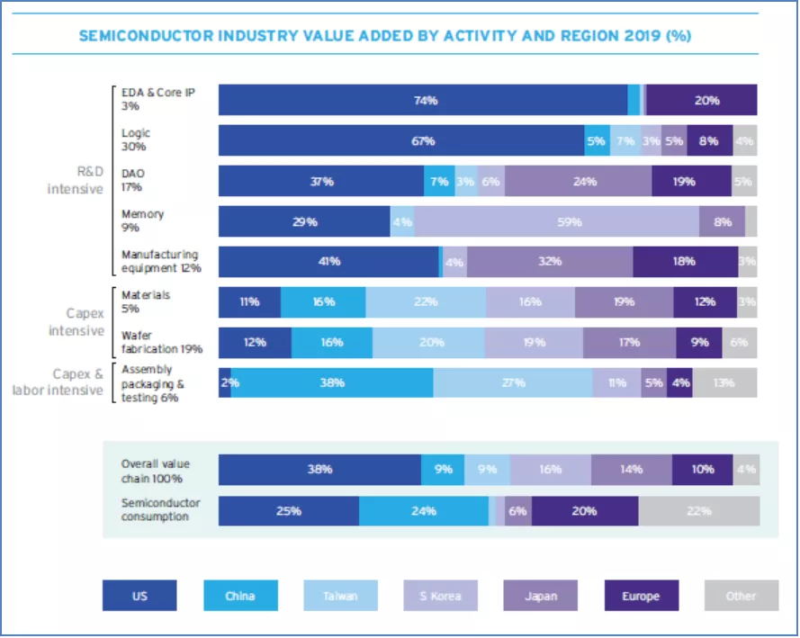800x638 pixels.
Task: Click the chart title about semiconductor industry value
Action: [x=384, y=37]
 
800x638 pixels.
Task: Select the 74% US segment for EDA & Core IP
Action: [x=423, y=101]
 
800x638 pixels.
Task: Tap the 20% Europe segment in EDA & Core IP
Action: [x=703, y=101]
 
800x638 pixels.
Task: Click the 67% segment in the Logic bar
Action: [x=401, y=141]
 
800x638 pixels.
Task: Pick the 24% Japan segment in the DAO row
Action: [x=579, y=182]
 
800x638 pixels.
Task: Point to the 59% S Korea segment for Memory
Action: [x=556, y=221]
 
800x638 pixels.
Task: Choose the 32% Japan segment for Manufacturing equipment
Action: [x=550, y=262]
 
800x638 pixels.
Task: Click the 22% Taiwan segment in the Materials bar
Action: [x=426, y=302]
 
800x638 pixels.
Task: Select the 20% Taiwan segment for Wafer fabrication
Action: [x=428, y=343]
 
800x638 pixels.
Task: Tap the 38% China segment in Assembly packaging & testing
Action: [x=332, y=382]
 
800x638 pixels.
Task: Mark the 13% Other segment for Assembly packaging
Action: [x=724, y=382]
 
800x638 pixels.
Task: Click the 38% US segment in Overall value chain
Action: [x=319, y=470]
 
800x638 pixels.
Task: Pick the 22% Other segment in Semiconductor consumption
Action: [x=699, y=511]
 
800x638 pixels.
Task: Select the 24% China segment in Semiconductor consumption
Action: [x=424, y=511]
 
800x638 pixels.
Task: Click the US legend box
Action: [x=139, y=596]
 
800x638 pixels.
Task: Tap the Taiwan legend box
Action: [x=340, y=596]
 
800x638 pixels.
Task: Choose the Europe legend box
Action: [x=641, y=596]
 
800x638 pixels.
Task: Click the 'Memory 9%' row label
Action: [x=143, y=221]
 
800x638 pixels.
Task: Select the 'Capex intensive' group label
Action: [x=76, y=322]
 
